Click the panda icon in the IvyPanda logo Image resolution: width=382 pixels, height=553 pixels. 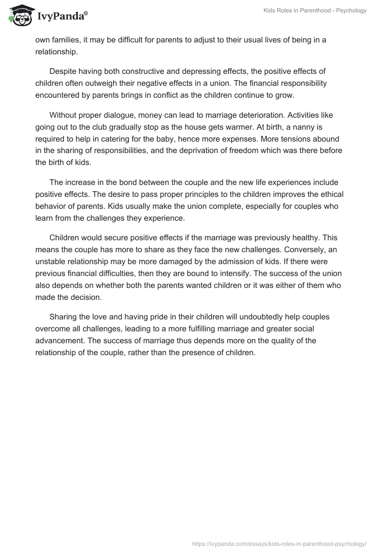(19, 16)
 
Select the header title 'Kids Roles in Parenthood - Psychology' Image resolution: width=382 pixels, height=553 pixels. (315, 10)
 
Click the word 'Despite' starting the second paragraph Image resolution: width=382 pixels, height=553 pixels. (63, 72)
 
